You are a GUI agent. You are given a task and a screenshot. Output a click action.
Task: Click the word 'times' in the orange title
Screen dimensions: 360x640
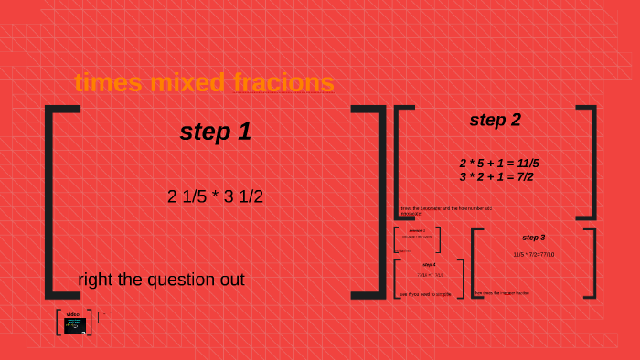click(108, 83)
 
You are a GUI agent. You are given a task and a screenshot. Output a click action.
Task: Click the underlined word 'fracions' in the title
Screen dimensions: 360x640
click(283, 83)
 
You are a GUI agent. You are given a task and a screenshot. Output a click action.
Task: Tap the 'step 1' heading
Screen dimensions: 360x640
click(215, 132)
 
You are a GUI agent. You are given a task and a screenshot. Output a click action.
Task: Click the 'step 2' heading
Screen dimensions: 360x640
click(495, 120)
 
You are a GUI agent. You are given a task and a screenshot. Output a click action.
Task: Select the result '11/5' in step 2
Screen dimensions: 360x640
click(524, 164)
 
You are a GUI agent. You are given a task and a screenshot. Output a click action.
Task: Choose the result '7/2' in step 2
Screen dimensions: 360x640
click(522, 176)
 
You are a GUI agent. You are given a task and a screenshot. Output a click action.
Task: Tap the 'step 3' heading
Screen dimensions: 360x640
click(533, 238)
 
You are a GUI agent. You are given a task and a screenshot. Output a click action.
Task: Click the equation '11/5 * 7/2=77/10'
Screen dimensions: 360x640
click(533, 255)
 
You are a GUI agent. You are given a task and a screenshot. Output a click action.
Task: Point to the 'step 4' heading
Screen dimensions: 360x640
click(429, 264)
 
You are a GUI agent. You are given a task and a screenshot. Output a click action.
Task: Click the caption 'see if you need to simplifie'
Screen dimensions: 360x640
click(426, 294)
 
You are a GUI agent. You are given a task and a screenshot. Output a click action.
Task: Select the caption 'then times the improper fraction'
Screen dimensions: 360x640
click(501, 293)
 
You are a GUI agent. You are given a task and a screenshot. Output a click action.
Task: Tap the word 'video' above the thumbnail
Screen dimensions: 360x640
click(73, 314)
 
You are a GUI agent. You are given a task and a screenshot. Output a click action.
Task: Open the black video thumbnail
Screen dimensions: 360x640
click(74, 325)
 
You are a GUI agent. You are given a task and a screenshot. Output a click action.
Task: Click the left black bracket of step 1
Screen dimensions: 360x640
click(51, 201)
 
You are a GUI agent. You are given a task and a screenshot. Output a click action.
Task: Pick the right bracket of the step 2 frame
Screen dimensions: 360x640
click(592, 162)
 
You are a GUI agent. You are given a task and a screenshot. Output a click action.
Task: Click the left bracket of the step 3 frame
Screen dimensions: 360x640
click(475, 263)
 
